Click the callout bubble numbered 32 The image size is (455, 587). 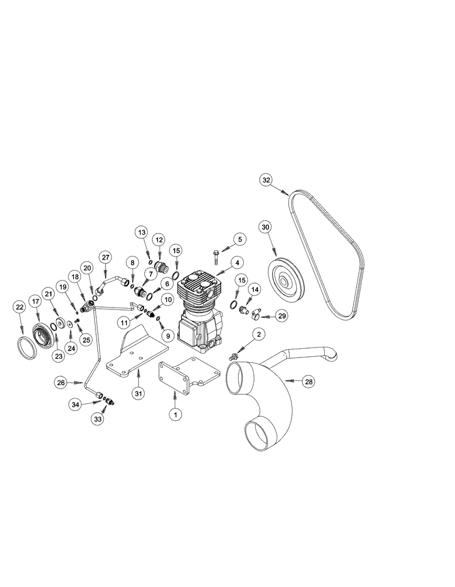[x=267, y=181]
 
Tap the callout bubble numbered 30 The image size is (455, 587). [x=266, y=227]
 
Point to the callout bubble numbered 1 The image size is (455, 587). [x=174, y=414]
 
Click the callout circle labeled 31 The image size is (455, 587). [x=139, y=393]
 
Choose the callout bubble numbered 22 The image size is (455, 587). [x=19, y=306]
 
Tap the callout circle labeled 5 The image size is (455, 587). [x=240, y=239]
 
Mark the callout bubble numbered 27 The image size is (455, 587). [x=105, y=257]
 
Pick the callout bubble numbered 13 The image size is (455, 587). [x=141, y=232]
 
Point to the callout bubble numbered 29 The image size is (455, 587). [x=282, y=316]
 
